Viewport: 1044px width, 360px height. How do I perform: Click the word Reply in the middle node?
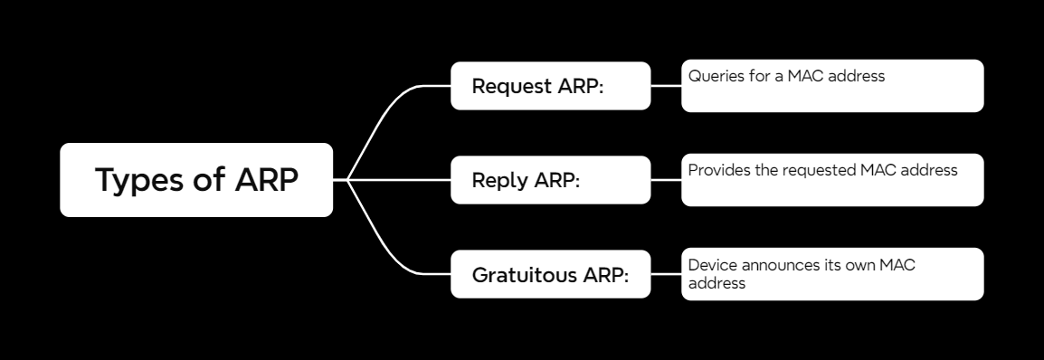(x=499, y=180)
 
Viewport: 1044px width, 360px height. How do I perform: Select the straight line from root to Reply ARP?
(x=398, y=180)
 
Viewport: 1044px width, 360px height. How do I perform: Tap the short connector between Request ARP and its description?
(x=666, y=86)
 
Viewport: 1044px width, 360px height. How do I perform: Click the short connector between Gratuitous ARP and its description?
(x=666, y=273)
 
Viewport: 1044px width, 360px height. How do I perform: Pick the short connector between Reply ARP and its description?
(x=666, y=180)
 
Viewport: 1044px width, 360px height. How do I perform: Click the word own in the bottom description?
(x=881, y=266)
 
